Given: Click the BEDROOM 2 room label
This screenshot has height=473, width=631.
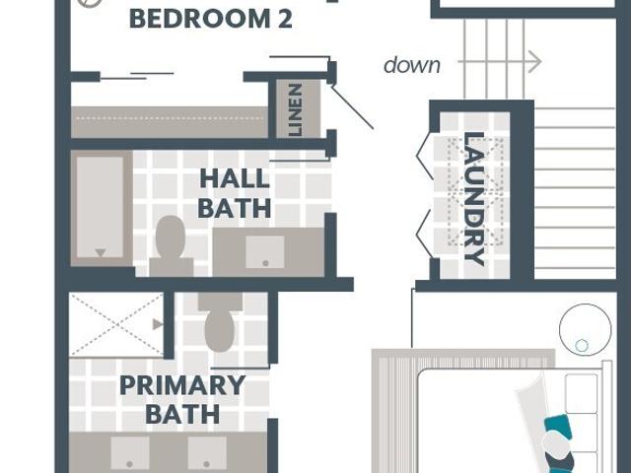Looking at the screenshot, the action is click(x=210, y=19).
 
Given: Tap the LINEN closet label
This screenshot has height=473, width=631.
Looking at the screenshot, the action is click(x=295, y=109).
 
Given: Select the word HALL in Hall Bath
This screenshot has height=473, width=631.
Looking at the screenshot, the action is click(x=235, y=179).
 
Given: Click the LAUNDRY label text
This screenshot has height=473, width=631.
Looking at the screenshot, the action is click(x=473, y=198).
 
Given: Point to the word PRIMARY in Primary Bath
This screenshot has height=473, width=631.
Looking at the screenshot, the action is click(x=182, y=385).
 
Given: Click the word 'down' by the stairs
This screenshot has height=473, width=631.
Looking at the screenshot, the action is click(x=412, y=65).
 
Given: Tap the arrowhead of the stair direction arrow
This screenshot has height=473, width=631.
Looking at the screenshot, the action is click(x=535, y=62).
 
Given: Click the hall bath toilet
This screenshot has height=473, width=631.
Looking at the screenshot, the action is click(x=171, y=246).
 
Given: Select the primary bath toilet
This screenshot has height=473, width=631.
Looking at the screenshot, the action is click(x=220, y=322).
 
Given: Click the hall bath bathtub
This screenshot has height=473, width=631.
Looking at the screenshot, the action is click(x=102, y=208).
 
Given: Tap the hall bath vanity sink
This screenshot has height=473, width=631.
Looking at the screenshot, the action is click(x=265, y=252).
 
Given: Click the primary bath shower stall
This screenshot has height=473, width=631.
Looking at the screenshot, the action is click(x=116, y=324).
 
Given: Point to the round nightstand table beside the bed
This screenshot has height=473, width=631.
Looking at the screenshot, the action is click(x=585, y=330).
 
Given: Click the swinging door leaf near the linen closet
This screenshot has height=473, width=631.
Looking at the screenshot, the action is click(x=352, y=106).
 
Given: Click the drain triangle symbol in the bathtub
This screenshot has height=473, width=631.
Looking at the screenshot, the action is click(x=101, y=252).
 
